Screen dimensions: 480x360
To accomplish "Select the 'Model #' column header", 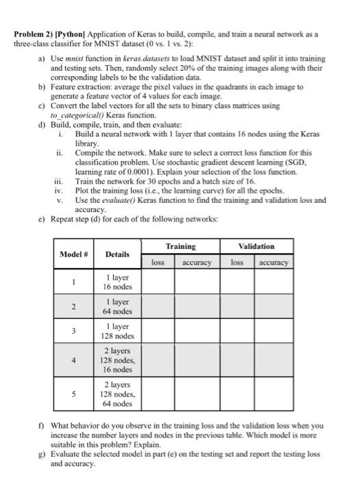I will click(73, 253).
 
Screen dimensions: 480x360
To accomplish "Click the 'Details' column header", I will click(118, 253).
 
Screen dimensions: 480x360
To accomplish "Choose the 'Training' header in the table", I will click(181, 245).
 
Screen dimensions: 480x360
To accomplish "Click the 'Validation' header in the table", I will click(256, 245).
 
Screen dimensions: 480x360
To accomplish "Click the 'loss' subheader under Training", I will click(158, 262).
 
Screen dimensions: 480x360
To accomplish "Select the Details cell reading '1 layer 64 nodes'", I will click(118, 306).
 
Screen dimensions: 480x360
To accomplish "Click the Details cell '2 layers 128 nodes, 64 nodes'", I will click(118, 394).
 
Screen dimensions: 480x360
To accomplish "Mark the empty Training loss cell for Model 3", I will click(158, 332).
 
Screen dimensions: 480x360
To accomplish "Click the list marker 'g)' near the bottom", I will click(41, 453).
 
